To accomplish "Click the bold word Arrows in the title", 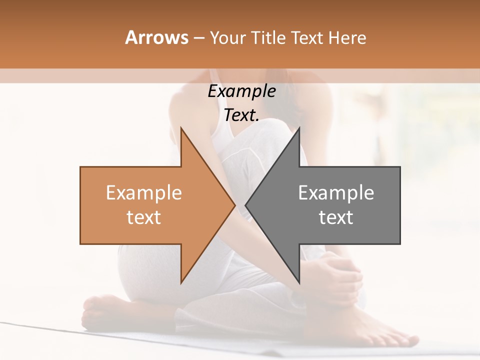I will click(157, 38).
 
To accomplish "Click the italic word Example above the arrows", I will click(241, 91).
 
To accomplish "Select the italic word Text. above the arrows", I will click(241, 115).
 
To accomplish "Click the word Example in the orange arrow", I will click(143, 193).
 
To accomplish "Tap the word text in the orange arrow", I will click(143, 217).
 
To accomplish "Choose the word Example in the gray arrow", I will click(336, 193).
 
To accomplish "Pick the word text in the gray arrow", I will click(336, 217).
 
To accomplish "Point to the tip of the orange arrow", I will click(235, 205).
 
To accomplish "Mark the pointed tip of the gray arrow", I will click(245, 205).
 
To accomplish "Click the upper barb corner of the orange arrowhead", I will click(181, 128).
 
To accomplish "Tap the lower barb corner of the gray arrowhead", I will click(299, 283).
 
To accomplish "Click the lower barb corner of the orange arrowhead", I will click(181, 283).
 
